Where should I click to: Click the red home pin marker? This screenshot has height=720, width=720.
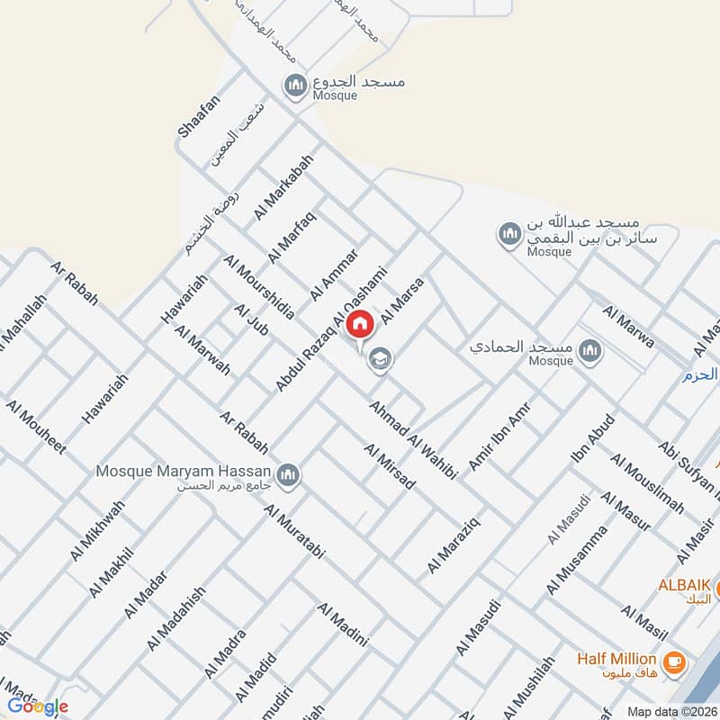pos(360,324)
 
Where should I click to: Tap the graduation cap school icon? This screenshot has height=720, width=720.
pos(380,359)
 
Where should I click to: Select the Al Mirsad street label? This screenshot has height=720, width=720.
pos(390,466)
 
